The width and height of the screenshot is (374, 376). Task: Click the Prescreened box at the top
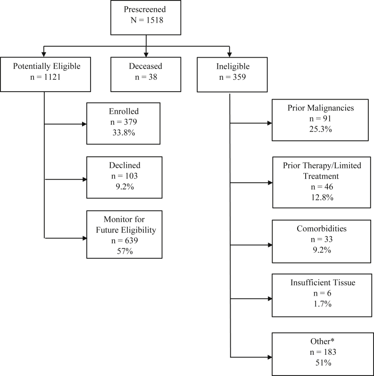146,17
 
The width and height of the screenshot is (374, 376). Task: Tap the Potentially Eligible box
44,75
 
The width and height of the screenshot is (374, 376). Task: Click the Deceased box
146,75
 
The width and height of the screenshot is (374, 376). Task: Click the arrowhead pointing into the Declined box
84,180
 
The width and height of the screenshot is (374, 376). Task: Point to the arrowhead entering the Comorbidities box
269,246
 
